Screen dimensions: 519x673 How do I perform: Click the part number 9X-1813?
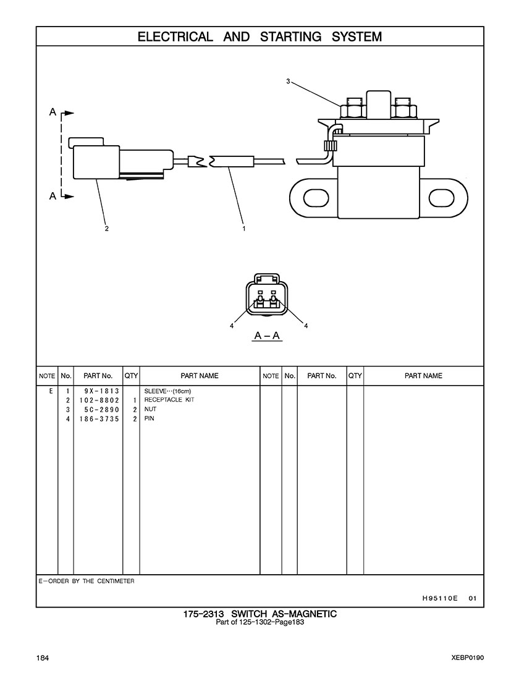coord(102,391)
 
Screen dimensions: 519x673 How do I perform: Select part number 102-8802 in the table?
coord(99,400)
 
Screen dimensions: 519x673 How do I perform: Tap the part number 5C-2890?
coord(102,410)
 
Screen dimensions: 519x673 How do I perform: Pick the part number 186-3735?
coord(99,419)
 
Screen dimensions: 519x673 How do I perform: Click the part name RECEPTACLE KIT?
coord(169,400)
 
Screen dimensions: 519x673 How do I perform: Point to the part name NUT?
coord(150,409)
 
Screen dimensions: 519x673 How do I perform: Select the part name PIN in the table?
coord(149,418)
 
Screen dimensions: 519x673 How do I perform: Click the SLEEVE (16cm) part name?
coord(167,391)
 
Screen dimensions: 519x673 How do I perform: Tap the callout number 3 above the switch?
coord(288,81)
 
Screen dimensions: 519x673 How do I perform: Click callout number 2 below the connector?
coord(107,228)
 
